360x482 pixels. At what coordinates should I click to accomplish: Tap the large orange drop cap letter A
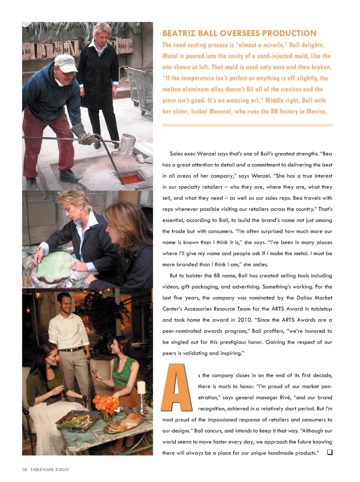point(176,387)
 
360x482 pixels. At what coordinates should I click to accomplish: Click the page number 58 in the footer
point(25,470)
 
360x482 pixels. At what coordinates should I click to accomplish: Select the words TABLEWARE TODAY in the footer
point(50,470)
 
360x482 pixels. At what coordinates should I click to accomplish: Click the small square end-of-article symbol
point(330,452)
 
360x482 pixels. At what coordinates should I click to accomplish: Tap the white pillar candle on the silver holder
point(141,387)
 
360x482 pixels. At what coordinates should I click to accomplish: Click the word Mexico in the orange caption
point(316,111)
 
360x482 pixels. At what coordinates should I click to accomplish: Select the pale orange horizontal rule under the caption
point(247,125)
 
